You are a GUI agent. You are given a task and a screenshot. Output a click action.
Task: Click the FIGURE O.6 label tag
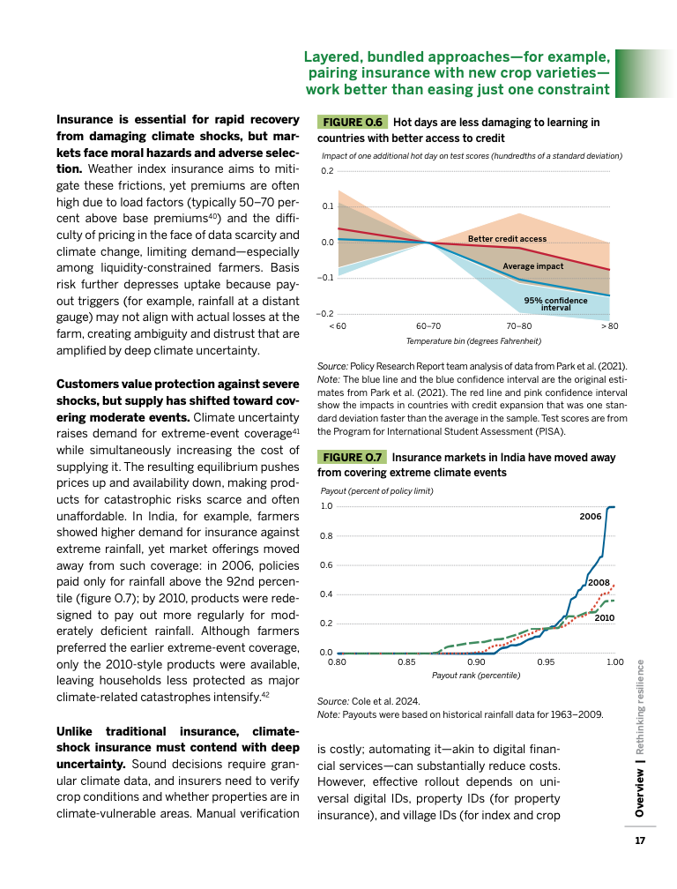tap(352, 122)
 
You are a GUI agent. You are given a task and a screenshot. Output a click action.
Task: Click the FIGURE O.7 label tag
tap(351, 458)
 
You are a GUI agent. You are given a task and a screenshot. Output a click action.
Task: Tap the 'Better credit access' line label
tap(507, 239)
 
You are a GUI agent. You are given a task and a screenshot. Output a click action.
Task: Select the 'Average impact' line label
tap(532, 265)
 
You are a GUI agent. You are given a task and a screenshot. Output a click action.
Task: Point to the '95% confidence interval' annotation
tap(555, 304)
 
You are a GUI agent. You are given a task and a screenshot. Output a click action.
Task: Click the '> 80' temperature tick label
tap(609, 326)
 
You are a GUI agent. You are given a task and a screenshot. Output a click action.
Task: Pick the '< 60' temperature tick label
tap(337, 326)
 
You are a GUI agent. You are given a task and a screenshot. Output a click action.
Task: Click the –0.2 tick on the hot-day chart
tap(324, 314)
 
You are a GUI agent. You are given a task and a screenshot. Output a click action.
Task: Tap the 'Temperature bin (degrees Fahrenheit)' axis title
tap(473, 340)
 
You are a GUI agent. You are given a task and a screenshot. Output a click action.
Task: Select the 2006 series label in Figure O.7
tap(590, 515)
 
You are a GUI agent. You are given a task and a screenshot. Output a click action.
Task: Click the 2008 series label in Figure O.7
tap(599, 582)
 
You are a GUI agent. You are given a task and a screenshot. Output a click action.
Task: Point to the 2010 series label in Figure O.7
tap(604, 618)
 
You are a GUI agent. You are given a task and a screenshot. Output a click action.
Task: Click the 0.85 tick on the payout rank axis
tap(405, 661)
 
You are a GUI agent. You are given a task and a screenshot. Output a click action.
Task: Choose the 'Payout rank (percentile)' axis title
tap(475, 675)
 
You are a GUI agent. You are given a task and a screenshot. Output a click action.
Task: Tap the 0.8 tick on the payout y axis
tap(326, 536)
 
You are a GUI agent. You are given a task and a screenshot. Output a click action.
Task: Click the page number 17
tap(641, 840)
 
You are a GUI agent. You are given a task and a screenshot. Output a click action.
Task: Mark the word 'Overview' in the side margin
tap(641, 791)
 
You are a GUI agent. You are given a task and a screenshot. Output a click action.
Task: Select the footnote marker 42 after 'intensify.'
tap(264, 695)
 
